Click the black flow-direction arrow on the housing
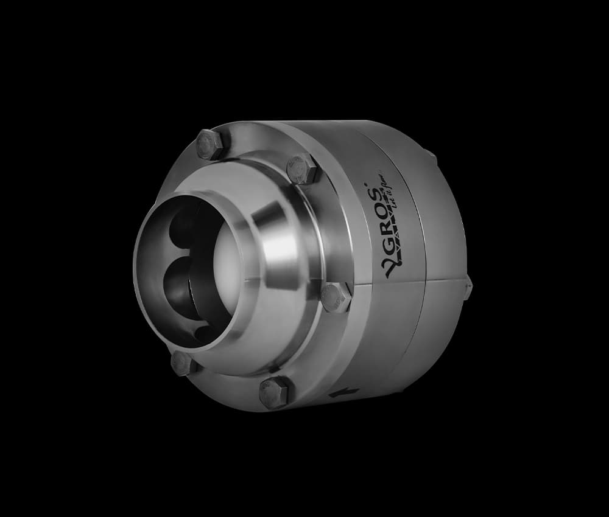pyautogui.click(x=339, y=395)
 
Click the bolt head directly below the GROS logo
pyautogui.click(x=336, y=298)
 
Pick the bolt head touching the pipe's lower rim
pyautogui.click(x=183, y=363)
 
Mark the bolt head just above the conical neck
pyautogui.click(x=303, y=168)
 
